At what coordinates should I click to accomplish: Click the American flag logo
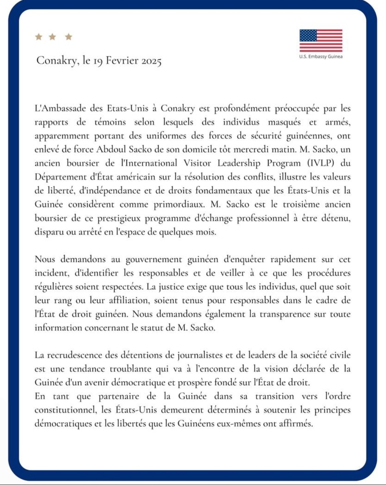(321, 40)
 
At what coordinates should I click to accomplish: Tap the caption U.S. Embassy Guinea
(321, 56)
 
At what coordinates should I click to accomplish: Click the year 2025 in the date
(151, 61)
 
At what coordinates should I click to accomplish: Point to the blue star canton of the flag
(308, 35)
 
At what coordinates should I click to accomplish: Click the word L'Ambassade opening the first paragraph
(60, 108)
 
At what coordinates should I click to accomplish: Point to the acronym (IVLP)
(321, 163)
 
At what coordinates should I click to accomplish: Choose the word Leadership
(239, 163)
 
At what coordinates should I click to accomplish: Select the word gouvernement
(154, 259)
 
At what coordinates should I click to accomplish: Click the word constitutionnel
(65, 410)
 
